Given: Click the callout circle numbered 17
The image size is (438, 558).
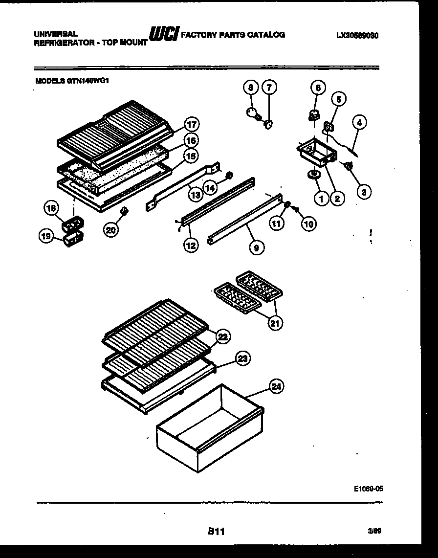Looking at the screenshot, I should coord(192,124).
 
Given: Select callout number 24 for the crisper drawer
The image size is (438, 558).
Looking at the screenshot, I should coord(277,387).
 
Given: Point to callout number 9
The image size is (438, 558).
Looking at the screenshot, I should coord(256,247).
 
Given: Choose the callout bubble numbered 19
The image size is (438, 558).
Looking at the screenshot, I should coord(45,237).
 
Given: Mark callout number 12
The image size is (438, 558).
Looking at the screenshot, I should coord(191,246).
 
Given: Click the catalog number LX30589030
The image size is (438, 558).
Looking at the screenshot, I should coord(358,35).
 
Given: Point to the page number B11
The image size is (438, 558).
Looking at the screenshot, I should coord(215,532).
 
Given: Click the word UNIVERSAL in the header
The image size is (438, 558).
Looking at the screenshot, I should coord(55,34).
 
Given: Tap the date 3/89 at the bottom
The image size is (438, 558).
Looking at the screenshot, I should coord(374,531).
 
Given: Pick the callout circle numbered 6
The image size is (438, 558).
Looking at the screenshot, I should coord(318,88).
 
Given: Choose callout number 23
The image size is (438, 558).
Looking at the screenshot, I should coord(242,359).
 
